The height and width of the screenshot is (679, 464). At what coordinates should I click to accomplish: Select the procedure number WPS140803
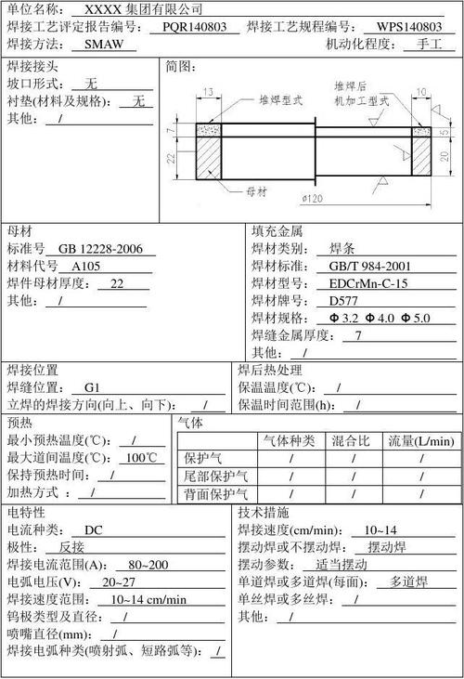coord(409,26)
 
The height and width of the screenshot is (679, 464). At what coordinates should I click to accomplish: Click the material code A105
coord(87,266)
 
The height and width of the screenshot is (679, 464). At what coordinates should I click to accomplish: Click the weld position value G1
coord(92,387)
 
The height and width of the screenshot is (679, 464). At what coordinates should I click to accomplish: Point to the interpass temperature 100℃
coord(142,457)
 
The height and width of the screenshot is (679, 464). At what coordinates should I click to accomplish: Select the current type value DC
coord(94,530)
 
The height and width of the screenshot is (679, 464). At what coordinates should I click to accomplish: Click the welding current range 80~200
coord(148,565)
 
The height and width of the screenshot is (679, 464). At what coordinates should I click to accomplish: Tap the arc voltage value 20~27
coord(120,582)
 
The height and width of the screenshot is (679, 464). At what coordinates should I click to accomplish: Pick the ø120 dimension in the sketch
coord(313,200)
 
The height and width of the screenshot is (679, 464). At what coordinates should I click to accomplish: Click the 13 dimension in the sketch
coord(205,91)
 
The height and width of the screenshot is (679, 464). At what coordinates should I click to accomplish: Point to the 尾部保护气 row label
coord(215,476)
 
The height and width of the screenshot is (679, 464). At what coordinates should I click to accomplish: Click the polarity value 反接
coord(78,548)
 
